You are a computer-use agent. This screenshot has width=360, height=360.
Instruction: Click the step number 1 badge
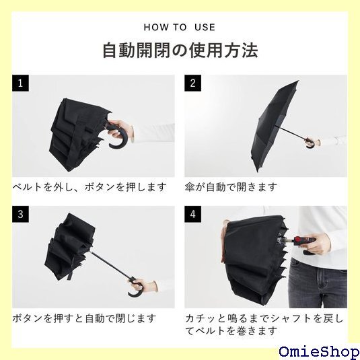tap(20, 83)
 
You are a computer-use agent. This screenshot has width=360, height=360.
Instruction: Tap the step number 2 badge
tap(193, 83)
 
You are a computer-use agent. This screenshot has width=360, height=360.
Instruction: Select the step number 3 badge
tap(20, 214)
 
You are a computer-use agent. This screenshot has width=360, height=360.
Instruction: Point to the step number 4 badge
tap(193, 214)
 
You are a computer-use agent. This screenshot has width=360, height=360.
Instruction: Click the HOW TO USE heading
tap(180, 28)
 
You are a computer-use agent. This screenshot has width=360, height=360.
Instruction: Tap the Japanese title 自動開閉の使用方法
tap(180, 50)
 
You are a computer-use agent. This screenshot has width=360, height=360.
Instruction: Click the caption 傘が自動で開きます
tap(231, 187)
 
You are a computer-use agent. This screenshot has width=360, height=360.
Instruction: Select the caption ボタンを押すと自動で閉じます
tap(84, 318)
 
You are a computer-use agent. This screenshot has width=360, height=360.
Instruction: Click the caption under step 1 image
tap(89, 187)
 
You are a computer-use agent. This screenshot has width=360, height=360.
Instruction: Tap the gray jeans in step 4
tap(318, 283)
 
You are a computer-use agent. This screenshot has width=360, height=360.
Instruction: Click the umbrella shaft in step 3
tap(111, 266)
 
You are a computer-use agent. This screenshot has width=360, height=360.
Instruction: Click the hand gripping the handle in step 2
tap(314, 142)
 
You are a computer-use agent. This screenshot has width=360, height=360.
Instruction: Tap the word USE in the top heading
tap(205, 28)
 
